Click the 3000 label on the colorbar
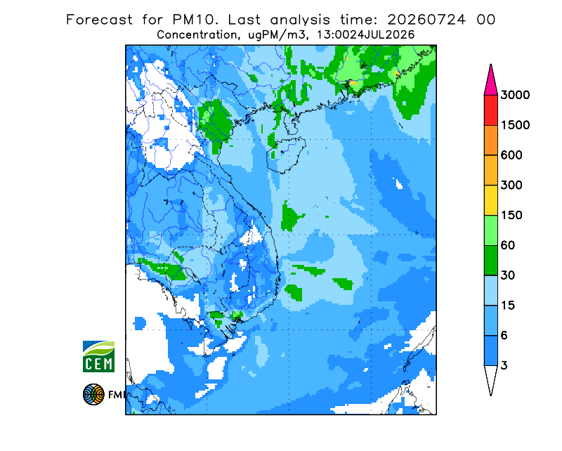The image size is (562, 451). [515, 95]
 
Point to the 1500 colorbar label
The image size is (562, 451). [515, 125]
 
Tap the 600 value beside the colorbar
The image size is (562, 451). [511, 155]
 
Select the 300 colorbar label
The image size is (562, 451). [511, 185]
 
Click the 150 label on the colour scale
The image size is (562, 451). [511, 216]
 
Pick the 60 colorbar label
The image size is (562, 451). [508, 246]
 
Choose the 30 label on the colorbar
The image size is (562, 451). [508, 275]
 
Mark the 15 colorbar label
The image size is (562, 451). [508, 306]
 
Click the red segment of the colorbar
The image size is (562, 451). [490, 110]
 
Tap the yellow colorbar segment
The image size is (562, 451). [490, 200]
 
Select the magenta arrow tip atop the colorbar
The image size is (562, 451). [490, 79]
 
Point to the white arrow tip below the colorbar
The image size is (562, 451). [490, 380]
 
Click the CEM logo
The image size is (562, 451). [98, 356]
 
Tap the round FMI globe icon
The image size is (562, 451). [93, 394]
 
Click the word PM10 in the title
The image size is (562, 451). [195, 20]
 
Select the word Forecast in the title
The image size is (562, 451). [99, 20]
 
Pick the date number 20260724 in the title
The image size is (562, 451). [426, 20]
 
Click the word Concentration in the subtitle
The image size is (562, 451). [197, 35]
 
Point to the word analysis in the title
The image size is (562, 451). [300, 20]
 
